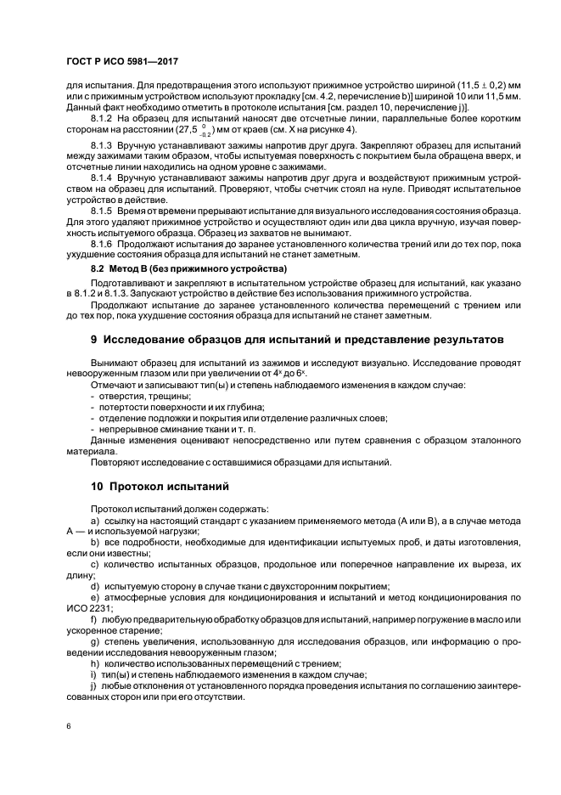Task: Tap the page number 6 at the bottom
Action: pyautogui.click(x=68, y=728)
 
